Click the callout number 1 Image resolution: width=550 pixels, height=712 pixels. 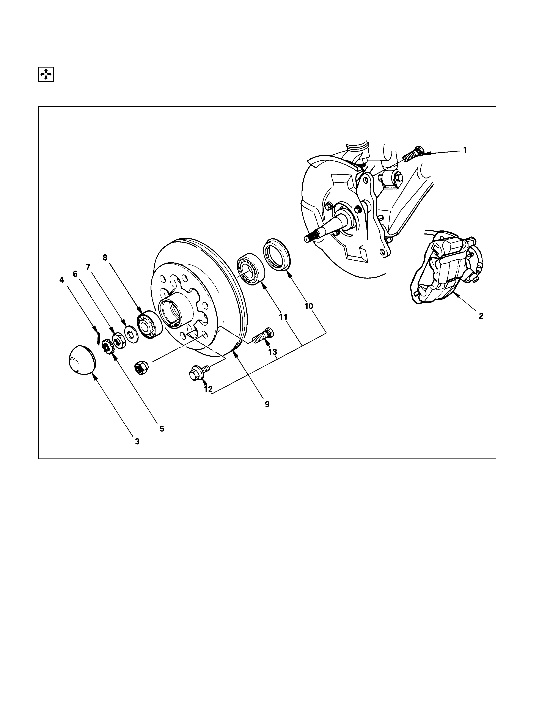[x=465, y=150]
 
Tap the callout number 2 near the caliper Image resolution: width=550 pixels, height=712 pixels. [x=481, y=316]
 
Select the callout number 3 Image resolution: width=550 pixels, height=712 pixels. [x=137, y=441]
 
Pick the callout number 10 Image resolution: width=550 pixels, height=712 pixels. [x=309, y=306]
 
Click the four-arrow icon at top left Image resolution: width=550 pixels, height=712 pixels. [x=46, y=74]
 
